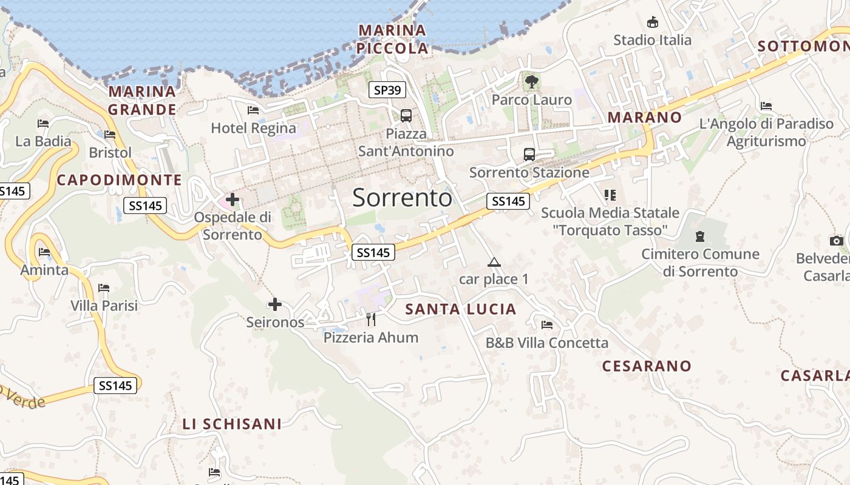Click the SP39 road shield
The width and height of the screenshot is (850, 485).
coord(387,90)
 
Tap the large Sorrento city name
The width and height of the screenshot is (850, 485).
coord(402,198)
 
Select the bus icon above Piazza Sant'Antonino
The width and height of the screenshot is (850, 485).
coord(406,115)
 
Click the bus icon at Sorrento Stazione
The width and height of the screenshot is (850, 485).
coord(529,154)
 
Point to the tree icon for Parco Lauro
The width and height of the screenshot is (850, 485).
coord(532,81)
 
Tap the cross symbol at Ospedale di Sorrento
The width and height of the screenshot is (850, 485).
coord(232,199)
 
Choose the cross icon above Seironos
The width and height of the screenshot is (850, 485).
coord(275,304)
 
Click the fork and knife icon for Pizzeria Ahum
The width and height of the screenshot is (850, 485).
coord(371,319)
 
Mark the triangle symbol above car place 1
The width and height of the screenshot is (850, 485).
coord(494,262)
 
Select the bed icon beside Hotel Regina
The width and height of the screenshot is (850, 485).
coord(253,110)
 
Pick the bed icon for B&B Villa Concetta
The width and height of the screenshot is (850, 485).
coord(547,324)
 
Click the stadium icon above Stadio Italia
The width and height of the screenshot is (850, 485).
coord(653,22)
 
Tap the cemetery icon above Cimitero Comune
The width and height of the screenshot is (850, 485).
coord(700,236)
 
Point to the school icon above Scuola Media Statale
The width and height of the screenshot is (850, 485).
coord(610,195)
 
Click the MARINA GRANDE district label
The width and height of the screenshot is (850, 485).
coord(142,101)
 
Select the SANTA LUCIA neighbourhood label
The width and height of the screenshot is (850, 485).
coord(461,309)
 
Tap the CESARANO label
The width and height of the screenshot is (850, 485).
coord(647,366)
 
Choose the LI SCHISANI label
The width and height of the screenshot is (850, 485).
coord(232,424)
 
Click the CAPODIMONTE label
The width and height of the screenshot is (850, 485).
coord(119,180)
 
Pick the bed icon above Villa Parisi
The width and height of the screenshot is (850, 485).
coord(104,287)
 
